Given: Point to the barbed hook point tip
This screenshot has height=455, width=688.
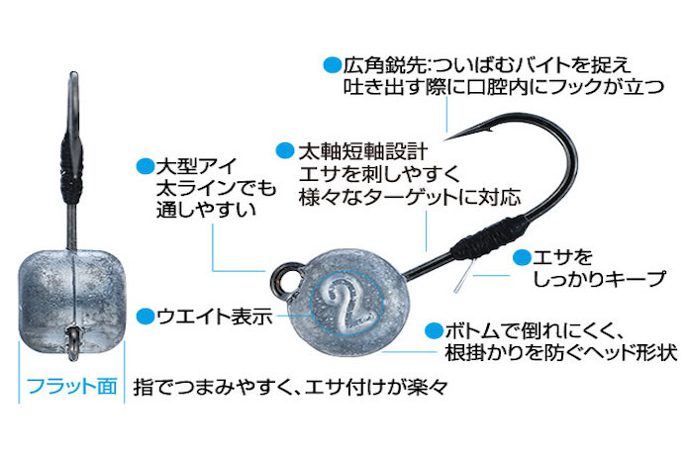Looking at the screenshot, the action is [444, 139].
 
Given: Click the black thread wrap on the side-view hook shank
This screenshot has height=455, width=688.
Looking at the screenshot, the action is [486, 239].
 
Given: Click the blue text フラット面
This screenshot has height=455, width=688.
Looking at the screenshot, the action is [72, 387].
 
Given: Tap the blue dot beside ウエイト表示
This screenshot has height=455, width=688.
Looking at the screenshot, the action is [146, 317].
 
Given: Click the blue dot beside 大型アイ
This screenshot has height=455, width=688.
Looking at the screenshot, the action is [146, 166].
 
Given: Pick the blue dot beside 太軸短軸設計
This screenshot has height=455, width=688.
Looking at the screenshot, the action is [285, 150].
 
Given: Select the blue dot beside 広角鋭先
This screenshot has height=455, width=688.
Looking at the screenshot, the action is [333, 65].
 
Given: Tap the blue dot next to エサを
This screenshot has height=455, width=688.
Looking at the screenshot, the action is [522, 258].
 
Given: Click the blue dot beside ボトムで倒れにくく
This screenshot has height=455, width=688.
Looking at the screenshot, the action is [435, 331].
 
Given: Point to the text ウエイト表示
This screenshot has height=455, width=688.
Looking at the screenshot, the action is [215, 317].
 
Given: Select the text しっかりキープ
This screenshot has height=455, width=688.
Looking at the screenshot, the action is [599, 279].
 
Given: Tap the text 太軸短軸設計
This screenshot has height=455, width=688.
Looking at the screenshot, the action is [363, 151].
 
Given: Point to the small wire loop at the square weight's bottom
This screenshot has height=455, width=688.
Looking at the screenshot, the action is [73, 343].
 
